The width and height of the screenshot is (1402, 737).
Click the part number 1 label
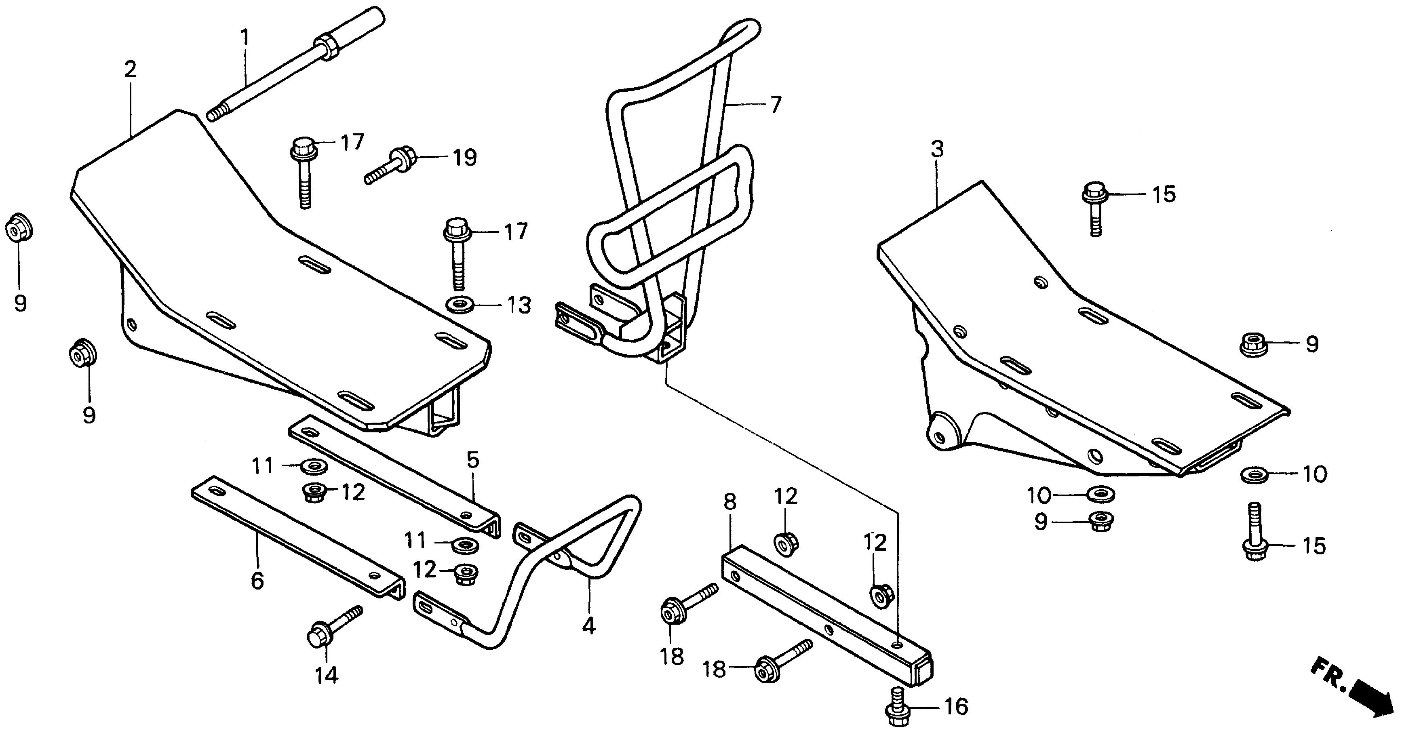coord(245,38)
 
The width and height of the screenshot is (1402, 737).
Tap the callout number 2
coord(130,69)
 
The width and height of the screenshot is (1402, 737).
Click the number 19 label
coord(465,158)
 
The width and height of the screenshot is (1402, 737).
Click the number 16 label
coord(956,707)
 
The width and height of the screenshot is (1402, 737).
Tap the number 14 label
coord(327,676)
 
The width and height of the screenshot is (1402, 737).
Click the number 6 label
coord(257,581)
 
